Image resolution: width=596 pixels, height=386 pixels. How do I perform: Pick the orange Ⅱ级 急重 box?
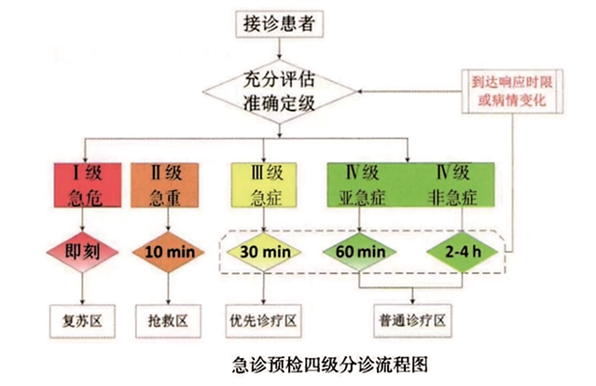point(168,185)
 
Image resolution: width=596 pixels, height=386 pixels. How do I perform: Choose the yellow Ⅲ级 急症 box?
point(265,185)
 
